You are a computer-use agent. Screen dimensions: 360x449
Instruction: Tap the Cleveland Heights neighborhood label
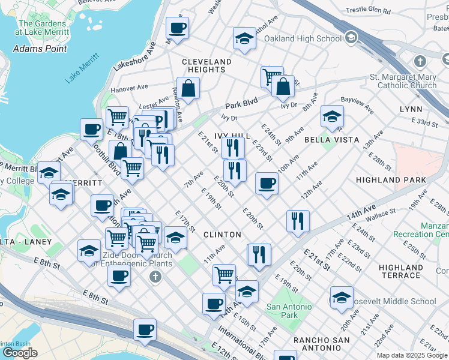point(206,66)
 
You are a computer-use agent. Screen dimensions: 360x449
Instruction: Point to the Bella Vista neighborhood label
point(331,140)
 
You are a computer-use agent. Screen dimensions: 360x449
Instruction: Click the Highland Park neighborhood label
point(390,180)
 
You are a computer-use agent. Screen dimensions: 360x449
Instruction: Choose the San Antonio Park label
point(289,311)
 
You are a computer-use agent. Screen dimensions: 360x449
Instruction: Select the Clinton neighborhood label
point(222,235)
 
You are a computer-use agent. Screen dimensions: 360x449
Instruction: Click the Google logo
point(20,353)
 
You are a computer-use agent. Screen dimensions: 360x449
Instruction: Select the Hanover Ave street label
point(133,88)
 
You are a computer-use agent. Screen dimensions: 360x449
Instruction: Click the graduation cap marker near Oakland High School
point(245,40)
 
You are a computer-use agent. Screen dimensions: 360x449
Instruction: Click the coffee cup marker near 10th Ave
point(267,183)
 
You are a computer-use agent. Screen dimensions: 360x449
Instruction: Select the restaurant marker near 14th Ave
point(298,221)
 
